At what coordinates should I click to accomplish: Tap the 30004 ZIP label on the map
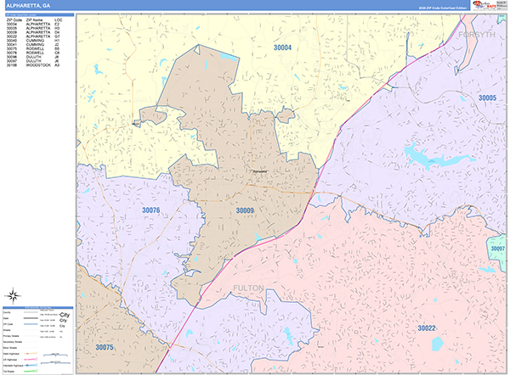coord(281,48)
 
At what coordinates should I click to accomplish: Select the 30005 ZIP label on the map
coord(487,98)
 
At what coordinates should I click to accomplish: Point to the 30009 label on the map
coord(245,210)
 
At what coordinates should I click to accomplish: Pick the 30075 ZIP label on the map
coord(105,347)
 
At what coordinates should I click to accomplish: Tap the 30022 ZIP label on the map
coord(426,327)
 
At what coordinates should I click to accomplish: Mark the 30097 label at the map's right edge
coord(497,248)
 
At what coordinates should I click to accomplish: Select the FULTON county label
coord(250,288)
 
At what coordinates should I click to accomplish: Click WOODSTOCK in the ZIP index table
coord(37,65)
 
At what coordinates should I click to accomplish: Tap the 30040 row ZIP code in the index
coord(12,41)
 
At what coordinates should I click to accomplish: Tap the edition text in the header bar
coord(442,7)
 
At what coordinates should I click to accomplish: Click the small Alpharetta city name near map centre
coord(260,169)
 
